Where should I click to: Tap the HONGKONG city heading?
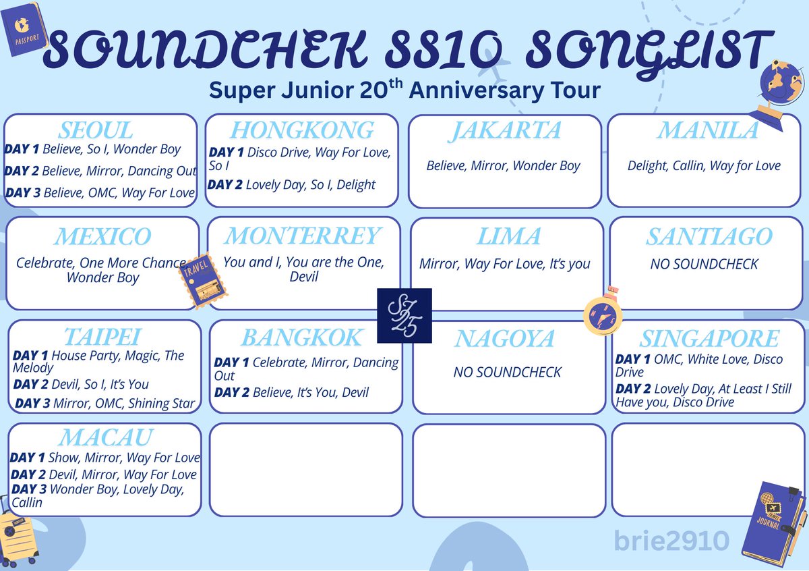302,130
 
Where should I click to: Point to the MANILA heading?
708,130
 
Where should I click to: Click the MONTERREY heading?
303,236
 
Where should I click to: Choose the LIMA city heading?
508,236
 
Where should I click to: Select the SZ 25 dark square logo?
404,315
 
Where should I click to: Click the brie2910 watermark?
663,541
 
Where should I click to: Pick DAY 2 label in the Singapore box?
637,389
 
